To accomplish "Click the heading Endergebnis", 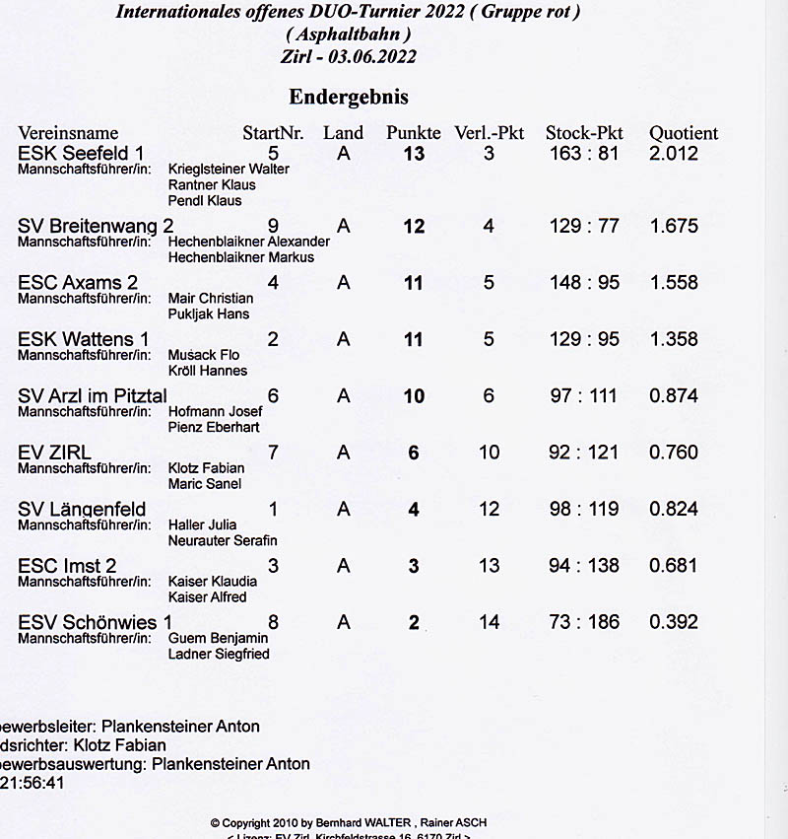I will pyautogui.click(x=348, y=97).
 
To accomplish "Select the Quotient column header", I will pyautogui.click(x=684, y=133).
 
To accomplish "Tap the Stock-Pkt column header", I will pyautogui.click(x=584, y=133).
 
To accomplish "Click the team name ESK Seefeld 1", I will pyautogui.click(x=81, y=154).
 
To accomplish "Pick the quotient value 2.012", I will pyautogui.click(x=674, y=154).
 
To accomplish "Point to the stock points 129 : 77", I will pyautogui.click(x=584, y=226).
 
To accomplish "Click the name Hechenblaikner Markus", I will pyautogui.click(x=241, y=257).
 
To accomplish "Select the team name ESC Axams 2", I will pyautogui.click(x=78, y=283).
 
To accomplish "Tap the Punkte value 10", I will pyautogui.click(x=414, y=396).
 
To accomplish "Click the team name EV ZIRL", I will pyautogui.click(x=54, y=453).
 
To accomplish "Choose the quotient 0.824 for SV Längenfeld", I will pyautogui.click(x=674, y=510).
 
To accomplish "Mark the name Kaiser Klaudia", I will pyautogui.click(x=213, y=581).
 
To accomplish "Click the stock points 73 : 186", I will pyautogui.click(x=584, y=622).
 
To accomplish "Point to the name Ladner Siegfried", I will pyautogui.click(x=219, y=654).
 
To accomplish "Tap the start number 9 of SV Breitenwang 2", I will pyautogui.click(x=273, y=226).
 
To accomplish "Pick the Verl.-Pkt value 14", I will pyautogui.click(x=489, y=622).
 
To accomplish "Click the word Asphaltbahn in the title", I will pyautogui.click(x=348, y=35).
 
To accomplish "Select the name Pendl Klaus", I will pyautogui.click(x=205, y=200).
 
